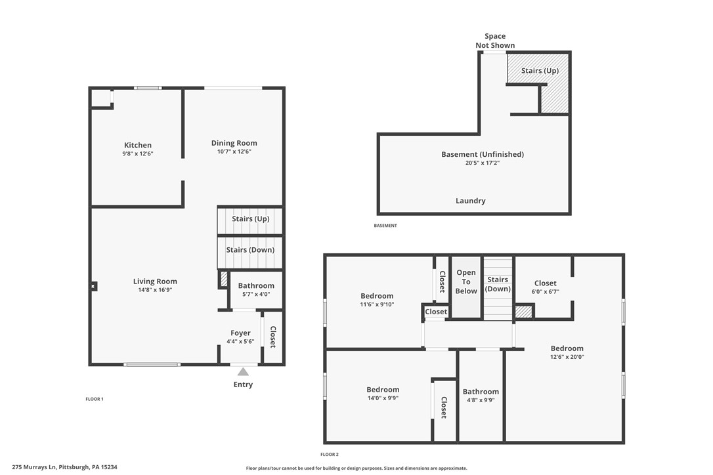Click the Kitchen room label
point(138,145)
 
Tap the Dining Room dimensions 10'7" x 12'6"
point(234,152)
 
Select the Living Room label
point(155,281)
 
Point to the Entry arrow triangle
point(243,371)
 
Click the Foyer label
point(240,333)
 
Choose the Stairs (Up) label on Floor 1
point(250,218)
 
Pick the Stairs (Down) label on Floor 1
point(250,250)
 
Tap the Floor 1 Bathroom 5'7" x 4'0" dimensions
point(256,294)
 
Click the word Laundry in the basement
point(471,201)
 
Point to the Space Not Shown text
point(495,41)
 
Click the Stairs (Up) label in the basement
point(540,70)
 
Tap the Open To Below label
point(466,281)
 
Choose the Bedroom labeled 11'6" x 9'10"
point(377,296)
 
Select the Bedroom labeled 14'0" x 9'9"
point(383,390)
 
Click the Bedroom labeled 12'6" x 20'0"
point(567,348)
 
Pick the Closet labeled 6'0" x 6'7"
point(545,283)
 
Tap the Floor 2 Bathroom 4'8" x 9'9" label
point(481,392)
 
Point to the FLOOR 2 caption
point(330,454)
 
